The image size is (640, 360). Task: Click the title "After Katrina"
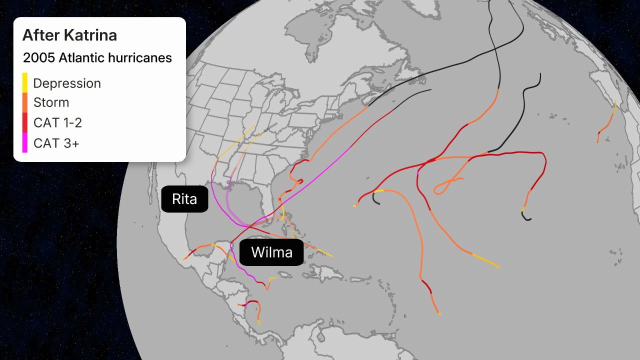69,35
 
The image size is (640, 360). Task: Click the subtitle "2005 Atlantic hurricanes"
97,58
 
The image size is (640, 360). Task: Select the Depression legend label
67,83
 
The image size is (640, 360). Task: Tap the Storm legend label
51,102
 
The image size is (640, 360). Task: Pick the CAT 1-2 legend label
57,123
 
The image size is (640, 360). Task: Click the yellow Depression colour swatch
25,82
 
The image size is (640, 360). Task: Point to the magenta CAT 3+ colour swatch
25,143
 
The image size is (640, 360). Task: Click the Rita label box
184,199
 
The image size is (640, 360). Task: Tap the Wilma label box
271,252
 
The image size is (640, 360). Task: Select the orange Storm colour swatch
25,102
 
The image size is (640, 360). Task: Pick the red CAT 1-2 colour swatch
25,123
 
